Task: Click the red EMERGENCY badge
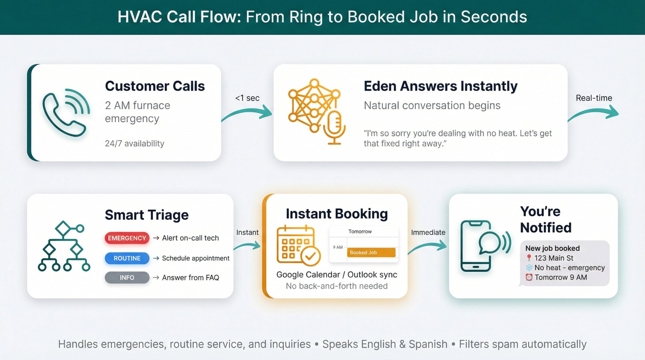coord(127,238)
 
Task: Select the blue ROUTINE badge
coord(127,258)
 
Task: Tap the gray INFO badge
coord(127,278)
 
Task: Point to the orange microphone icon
coord(334,127)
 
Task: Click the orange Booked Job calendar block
coord(371,253)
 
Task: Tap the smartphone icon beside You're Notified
coord(476,246)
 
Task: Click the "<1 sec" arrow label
coord(247,98)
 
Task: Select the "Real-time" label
coord(594,98)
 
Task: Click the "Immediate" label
coord(428,233)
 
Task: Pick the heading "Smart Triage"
coord(147,215)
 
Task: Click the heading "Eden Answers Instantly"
coord(441,86)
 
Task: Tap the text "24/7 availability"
coord(134,144)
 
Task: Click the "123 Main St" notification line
coord(554,258)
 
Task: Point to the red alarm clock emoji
coord(529,277)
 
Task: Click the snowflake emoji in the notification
coord(529,268)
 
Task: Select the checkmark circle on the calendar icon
coord(311,256)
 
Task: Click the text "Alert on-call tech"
coord(190,238)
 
